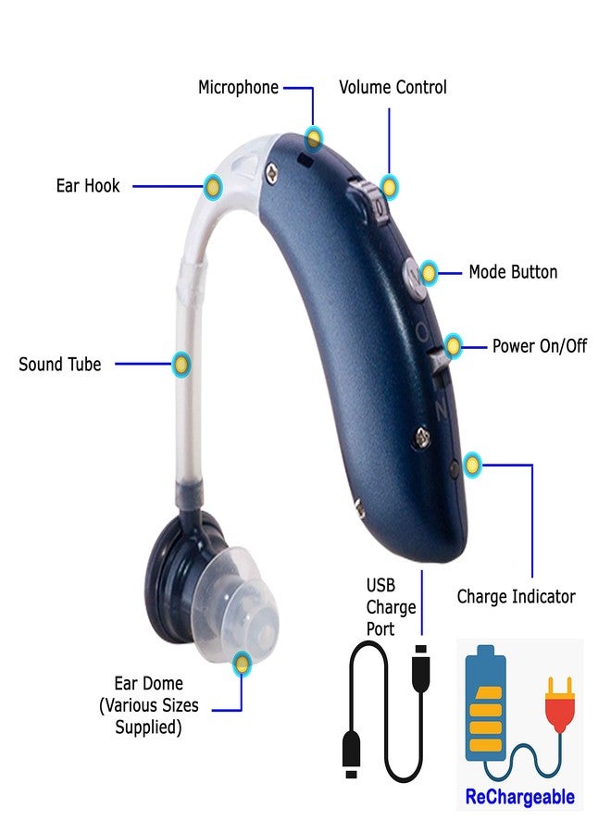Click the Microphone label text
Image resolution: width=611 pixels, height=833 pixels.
238,88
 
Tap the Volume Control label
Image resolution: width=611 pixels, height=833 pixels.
393,87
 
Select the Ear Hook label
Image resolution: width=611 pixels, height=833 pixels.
88,186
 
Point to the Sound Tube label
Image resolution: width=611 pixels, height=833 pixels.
59,365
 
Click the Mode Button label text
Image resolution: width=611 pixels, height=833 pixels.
513,272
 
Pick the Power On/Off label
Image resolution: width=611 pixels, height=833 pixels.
540,346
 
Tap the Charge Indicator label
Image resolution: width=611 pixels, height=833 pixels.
516,597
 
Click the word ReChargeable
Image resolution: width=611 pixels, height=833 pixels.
519,797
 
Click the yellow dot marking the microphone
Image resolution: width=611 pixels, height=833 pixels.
314,139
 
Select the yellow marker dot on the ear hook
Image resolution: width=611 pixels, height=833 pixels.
213,187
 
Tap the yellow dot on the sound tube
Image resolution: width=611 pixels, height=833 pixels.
181,365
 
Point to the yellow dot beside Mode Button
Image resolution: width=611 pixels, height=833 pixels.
429,273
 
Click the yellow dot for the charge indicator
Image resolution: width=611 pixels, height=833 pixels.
472,466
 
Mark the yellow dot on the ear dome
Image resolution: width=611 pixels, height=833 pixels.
242,663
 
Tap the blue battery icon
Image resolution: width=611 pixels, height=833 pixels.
484,703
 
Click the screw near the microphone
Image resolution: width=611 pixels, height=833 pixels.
272,171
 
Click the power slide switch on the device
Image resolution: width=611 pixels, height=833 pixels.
438,366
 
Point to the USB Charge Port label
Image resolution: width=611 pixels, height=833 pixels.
391,607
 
